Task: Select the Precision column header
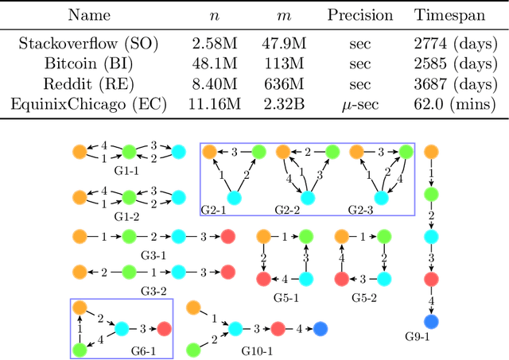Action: tap(360, 15)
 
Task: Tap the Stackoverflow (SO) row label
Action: tap(76, 44)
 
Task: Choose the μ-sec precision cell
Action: tap(360, 103)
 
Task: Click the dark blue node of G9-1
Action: tap(430, 322)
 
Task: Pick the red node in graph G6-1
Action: tap(164, 328)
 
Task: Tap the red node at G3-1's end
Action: tap(227, 236)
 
